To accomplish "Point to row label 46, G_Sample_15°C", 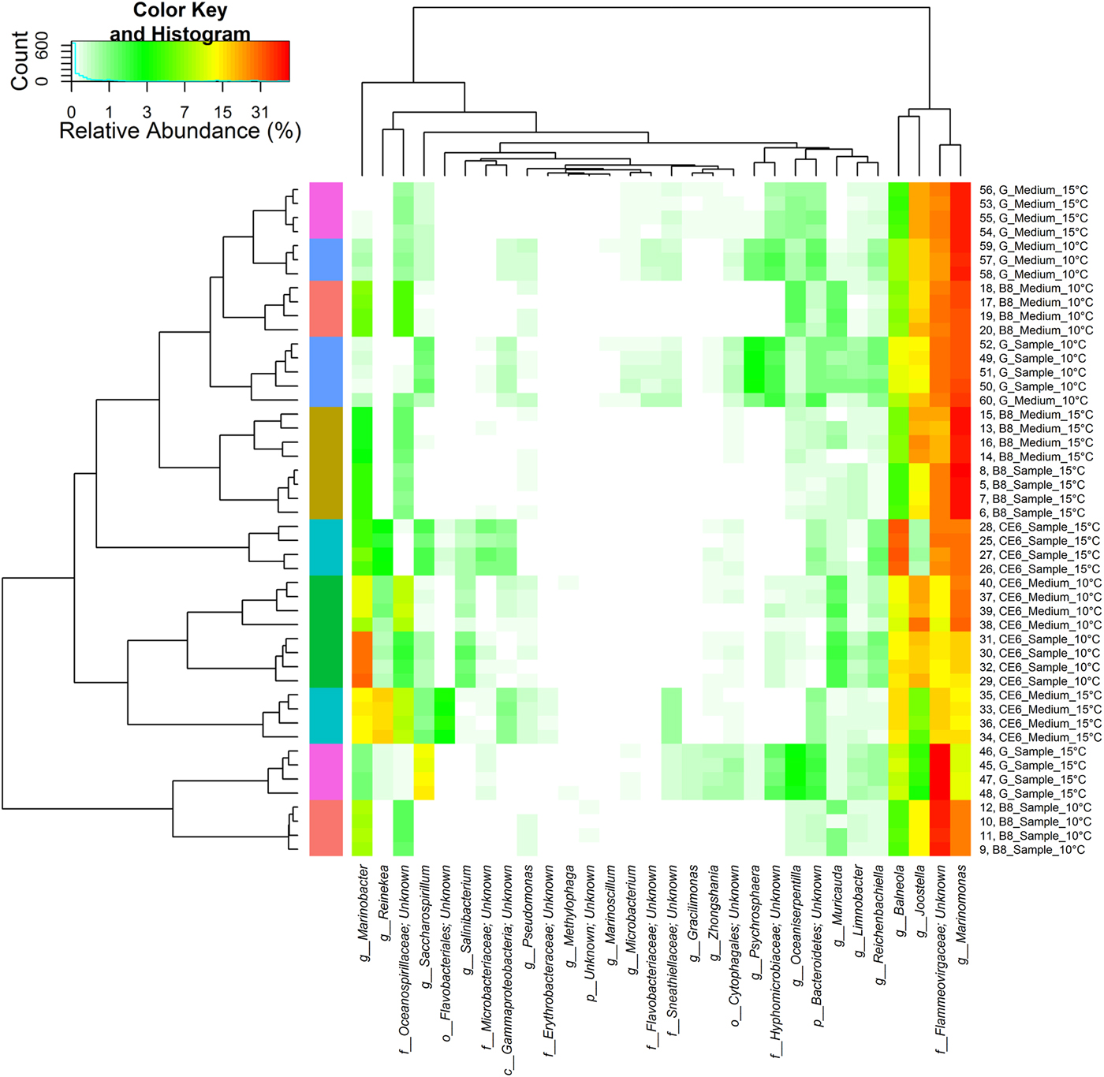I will pyautogui.click(x=1032, y=751).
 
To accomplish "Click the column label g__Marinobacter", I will pyautogui.click(x=364, y=903).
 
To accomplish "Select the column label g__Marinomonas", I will pyautogui.click(x=962, y=915).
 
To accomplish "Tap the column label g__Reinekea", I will pyautogui.click(x=384, y=892).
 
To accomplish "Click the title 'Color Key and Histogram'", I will pyautogui.click(x=180, y=22).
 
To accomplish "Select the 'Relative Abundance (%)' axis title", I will pyautogui.click(x=180, y=131).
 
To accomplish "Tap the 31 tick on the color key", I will pyautogui.click(x=260, y=112).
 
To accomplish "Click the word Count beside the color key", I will pyautogui.click(x=19, y=61).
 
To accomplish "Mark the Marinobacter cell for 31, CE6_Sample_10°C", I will pyautogui.click(x=362, y=639).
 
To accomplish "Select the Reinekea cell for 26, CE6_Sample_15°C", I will pyautogui.click(x=382, y=569).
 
